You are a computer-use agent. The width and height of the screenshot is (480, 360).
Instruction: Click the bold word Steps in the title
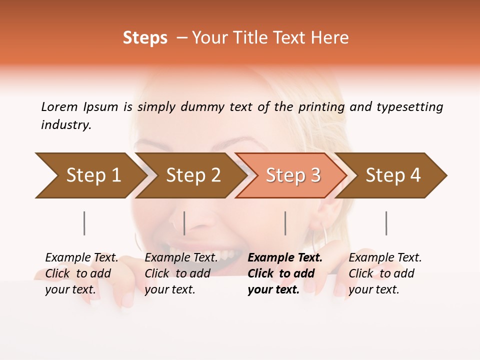click(x=145, y=38)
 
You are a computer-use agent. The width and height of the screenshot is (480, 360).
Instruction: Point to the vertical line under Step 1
click(x=84, y=223)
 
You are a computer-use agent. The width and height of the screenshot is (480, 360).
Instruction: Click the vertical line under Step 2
click(x=184, y=223)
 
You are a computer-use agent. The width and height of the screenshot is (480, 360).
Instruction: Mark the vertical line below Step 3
click(x=285, y=223)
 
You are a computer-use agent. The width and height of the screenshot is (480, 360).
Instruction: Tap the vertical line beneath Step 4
click(x=386, y=223)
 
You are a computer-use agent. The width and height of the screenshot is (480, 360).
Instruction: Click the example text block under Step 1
click(x=81, y=273)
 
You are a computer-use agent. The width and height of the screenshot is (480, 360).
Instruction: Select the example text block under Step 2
click(x=181, y=273)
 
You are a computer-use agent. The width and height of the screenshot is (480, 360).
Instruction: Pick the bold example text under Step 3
click(x=285, y=273)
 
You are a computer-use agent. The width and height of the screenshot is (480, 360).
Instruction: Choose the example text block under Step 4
click(x=385, y=273)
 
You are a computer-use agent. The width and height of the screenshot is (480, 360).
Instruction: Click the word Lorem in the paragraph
click(x=59, y=107)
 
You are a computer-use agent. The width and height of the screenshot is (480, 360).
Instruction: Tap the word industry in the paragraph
click(x=65, y=125)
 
